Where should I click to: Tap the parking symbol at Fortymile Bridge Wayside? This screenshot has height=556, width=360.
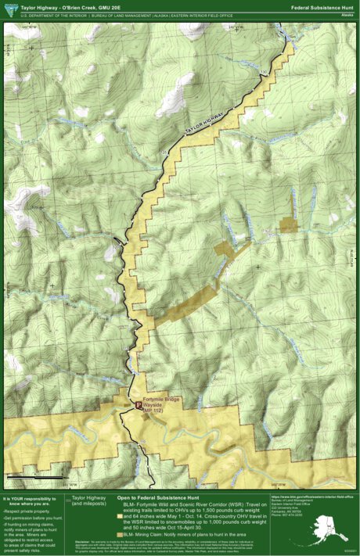pos(139,406)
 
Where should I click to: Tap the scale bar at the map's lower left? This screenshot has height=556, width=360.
pos(35,475)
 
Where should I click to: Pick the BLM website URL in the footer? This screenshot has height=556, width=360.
pos(311,496)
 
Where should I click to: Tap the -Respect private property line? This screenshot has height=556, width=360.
pos(27,511)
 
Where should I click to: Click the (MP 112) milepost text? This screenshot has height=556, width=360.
pos(153,411)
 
